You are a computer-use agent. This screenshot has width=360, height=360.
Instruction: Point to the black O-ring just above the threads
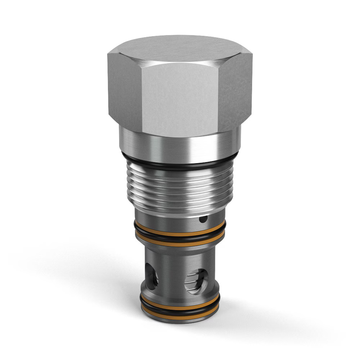pos(180,164)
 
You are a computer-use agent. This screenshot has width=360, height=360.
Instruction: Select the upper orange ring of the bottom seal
pos(180,307)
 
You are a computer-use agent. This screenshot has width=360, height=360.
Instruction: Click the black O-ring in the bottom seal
pos(180,311)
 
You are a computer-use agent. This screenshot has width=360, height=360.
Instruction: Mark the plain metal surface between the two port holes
pos(172,274)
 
